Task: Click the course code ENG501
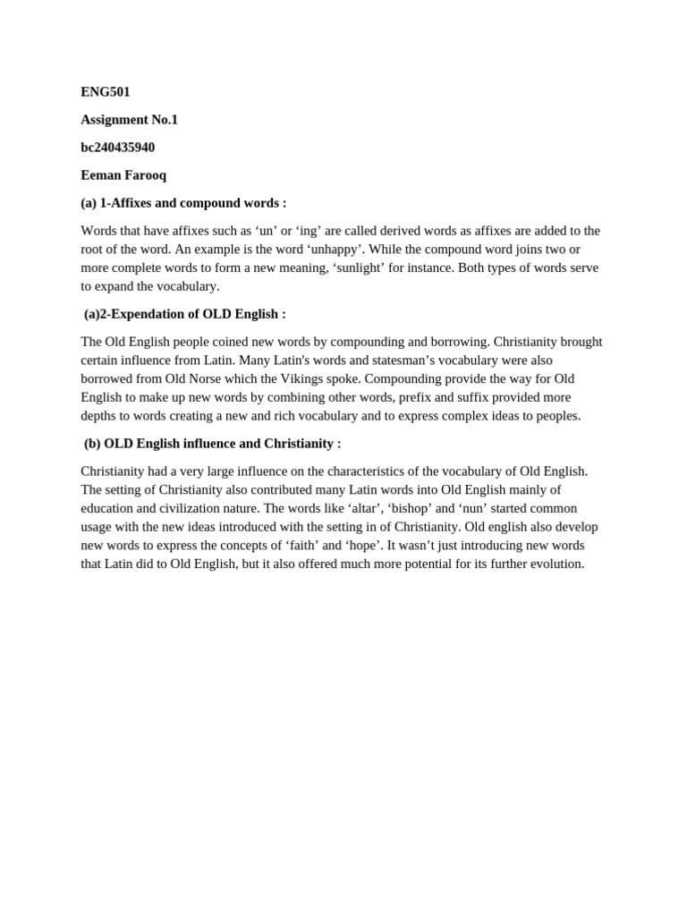[x=106, y=92]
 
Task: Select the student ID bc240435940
[x=118, y=148]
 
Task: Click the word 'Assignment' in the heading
[x=114, y=120]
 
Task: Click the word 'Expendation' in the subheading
[x=147, y=314]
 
